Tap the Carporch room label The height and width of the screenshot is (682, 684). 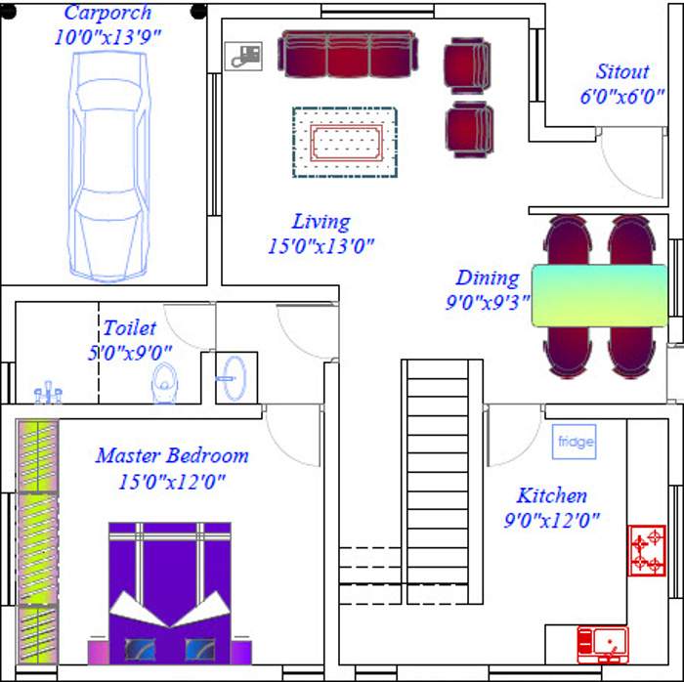(107, 14)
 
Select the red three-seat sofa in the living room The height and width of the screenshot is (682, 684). (347, 53)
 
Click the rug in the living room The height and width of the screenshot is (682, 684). (345, 143)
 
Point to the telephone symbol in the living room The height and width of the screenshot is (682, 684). (242, 57)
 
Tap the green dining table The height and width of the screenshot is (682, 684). (600, 295)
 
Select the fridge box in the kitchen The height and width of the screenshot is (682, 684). (575, 442)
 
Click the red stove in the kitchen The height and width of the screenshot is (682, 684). (646, 551)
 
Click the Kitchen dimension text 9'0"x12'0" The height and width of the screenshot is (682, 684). (551, 521)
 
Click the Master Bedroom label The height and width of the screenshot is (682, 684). (172, 456)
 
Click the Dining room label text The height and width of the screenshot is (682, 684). (487, 278)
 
